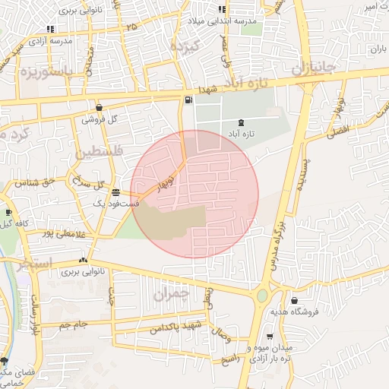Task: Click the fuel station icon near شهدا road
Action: click(187, 100)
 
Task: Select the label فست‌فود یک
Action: click(115, 204)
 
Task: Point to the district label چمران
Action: click(169, 293)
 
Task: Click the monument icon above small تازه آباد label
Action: click(242, 122)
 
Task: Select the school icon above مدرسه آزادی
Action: click(50, 30)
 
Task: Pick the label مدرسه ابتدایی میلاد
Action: click(236, 22)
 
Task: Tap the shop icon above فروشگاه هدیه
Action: click(294, 300)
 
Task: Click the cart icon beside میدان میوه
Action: click(269, 336)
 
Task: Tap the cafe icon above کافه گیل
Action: click(8, 213)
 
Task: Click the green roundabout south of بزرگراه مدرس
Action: click(263, 295)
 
